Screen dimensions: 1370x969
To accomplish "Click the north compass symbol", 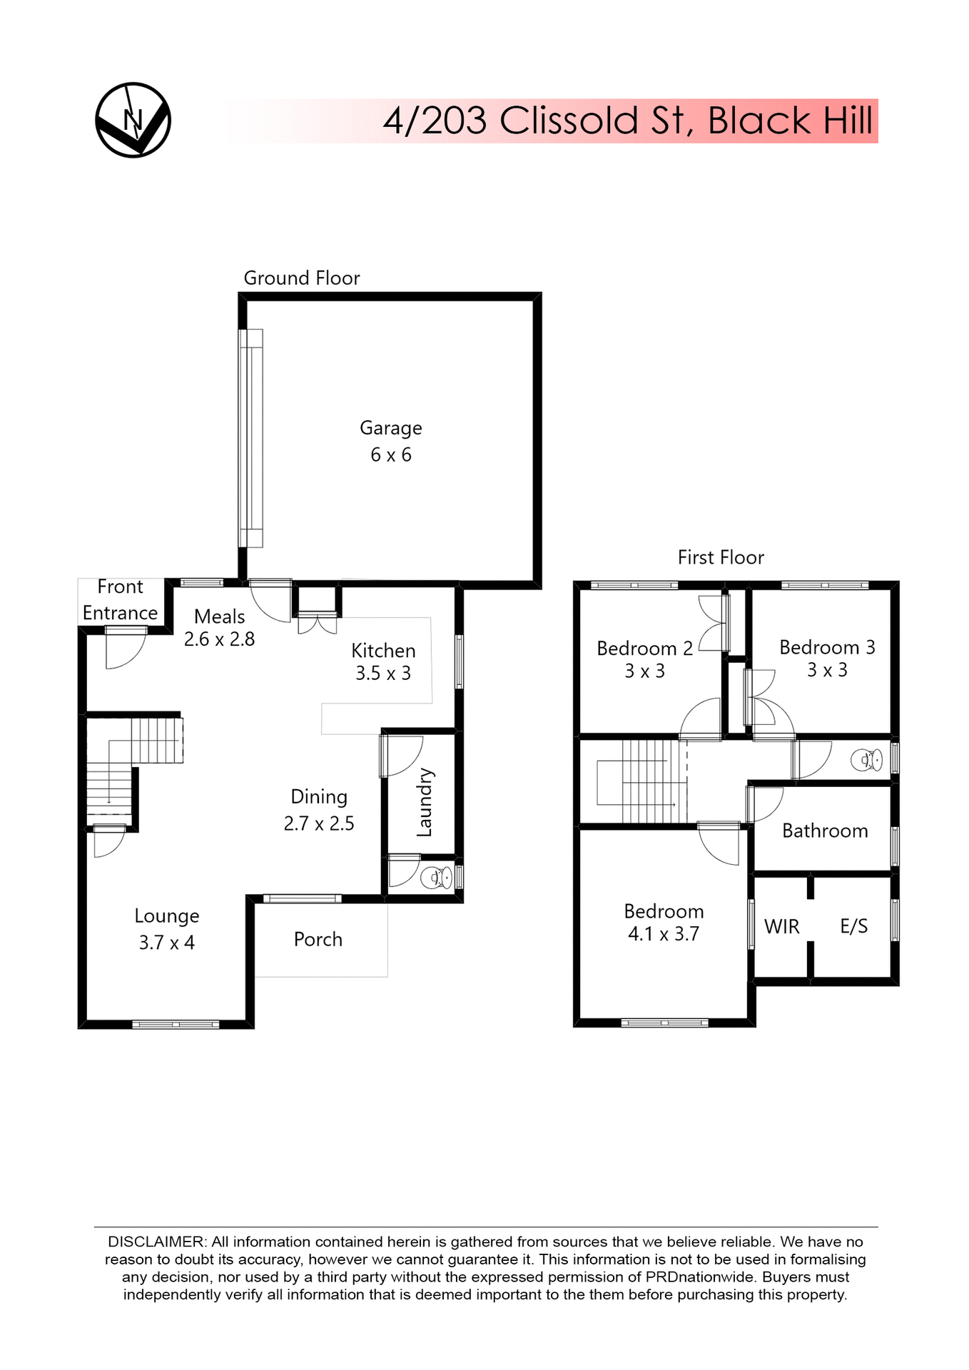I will coord(133,120).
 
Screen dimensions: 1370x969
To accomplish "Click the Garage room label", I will coord(390,428).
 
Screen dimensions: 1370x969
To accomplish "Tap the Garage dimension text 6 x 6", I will coord(390,455).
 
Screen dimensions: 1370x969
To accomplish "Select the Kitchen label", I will coord(383,651).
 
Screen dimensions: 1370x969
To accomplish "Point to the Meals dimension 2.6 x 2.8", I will coord(219,639).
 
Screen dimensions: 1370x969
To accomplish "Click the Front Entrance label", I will coord(120,600).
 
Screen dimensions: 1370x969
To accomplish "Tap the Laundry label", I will coord(425,802).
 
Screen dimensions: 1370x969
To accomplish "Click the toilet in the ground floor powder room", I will coord(436,877).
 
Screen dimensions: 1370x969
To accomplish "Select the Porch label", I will coord(318,940).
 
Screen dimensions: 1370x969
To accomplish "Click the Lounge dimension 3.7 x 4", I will coord(166,943).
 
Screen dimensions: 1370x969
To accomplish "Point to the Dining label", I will coord(319,797).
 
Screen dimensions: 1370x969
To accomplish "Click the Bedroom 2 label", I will coord(644,649).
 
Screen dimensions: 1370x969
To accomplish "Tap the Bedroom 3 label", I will coord(827,647).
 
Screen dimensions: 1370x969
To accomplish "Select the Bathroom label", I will coord(825,831).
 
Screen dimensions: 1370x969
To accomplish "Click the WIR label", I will coord(781,927).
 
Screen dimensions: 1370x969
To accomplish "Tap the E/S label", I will coord(854,927).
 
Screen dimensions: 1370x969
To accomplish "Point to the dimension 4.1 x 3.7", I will coord(663,934).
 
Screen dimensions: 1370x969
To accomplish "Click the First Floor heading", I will coord(721,557).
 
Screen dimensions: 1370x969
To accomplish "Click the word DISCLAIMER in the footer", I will coord(156,1242).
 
